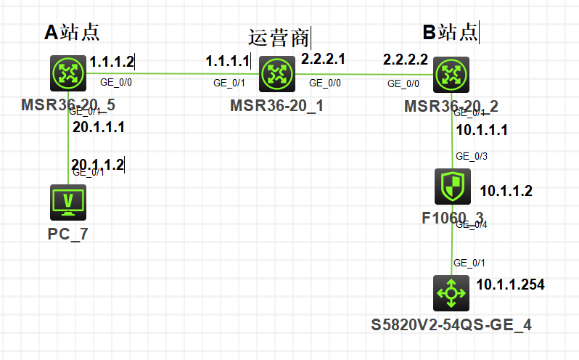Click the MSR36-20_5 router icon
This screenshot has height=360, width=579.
68,73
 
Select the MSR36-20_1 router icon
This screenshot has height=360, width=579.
277,73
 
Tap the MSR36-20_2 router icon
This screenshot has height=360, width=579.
451,73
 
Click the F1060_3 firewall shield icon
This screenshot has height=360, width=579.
451,187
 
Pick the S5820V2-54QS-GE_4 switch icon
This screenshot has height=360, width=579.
451,293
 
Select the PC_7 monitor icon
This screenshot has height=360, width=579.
68,202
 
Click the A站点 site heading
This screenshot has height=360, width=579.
72,31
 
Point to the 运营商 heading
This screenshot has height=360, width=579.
279,36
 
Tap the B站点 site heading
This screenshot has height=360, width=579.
450,32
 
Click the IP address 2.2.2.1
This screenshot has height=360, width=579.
323,57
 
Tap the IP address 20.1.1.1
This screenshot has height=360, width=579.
99,127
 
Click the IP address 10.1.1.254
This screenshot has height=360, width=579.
510,284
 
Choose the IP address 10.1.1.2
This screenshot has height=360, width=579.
506,192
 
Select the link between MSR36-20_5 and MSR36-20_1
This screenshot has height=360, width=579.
174,73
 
